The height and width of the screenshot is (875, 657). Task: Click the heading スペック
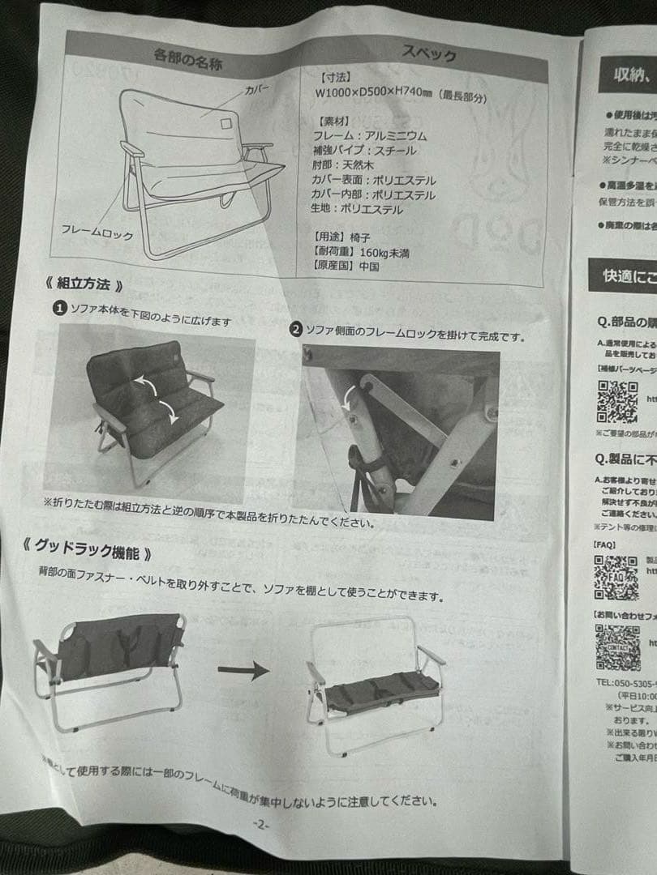point(429,54)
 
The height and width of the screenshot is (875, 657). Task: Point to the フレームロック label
point(91,230)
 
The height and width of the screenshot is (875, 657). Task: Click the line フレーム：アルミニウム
point(369,136)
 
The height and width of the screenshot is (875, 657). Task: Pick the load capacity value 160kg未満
point(384,253)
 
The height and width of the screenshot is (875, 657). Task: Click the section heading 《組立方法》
point(84,285)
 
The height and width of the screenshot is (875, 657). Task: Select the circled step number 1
point(59,308)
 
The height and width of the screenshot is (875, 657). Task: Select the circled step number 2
point(297,330)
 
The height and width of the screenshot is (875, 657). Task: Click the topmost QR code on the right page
point(617,402)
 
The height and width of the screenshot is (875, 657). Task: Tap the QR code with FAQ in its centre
point(615,577)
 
